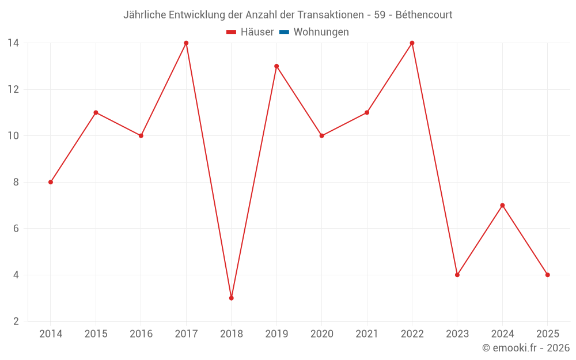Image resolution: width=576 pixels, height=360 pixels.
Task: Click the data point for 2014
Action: coord(51,182)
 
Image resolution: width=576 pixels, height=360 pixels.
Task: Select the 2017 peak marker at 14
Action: coord(186,43)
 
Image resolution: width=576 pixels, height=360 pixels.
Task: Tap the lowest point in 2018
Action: coord(231,298)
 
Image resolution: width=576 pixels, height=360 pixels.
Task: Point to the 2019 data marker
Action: coord(276,66)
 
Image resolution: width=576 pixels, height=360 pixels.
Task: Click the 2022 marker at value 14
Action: coord(412,43)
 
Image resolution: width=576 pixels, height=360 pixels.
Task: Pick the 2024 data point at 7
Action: coord(502,205)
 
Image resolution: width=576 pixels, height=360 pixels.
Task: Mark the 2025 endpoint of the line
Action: coord(547,275)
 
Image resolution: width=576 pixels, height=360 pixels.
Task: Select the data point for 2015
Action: coord(96,112)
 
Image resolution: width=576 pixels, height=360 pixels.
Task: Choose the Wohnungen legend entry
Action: coord(321,32)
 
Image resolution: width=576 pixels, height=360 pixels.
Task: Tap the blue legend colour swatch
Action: coord(284,32)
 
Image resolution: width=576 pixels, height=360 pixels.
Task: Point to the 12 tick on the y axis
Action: coord(13,89)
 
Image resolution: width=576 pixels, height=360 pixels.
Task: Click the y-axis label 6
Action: coord(16,229)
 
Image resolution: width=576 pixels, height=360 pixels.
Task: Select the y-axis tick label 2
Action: coord(16,321)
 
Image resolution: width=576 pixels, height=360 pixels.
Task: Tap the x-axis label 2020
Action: coord(321,334)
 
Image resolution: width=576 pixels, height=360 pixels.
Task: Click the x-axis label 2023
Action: coord(457,334)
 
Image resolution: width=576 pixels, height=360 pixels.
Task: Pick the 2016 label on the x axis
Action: coord(141,334)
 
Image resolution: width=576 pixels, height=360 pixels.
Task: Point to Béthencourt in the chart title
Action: coord(424,14)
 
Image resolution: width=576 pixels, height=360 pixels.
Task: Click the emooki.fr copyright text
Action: coord(526,348)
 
